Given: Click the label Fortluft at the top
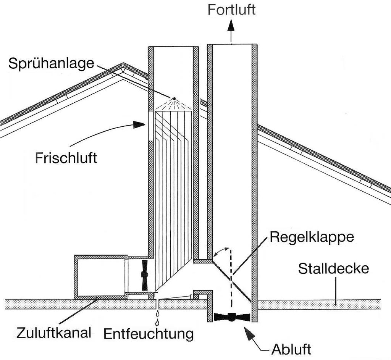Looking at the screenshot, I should click(x=231, y=10).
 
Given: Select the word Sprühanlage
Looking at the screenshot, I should click(x=51, y=63).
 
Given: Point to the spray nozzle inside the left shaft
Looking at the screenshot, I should click(x=174, y=99).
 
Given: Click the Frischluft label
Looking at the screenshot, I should click(x=66, y=158).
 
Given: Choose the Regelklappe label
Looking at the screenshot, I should click(x=312, y=237).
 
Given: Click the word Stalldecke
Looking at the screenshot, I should click(x=334, y=268).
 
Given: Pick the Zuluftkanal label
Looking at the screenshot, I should click(x=54, y=333).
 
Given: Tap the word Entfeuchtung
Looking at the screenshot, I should click(x=149, y=334).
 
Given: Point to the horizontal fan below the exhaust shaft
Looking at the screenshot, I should click(x=232, y=317).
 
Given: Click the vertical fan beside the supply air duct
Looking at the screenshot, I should click(x=145, y=275).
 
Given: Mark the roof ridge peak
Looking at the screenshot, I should click(x=123, y=65).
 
